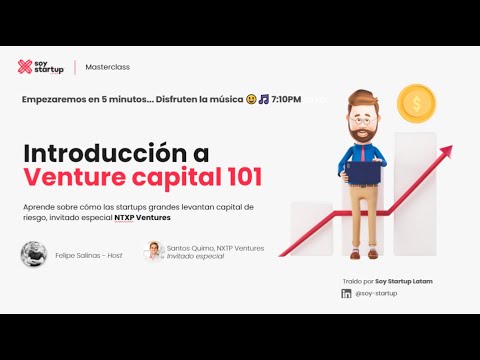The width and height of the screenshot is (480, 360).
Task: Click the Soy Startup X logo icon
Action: coord(25,67)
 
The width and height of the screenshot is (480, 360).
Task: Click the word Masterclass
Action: coord(108,67)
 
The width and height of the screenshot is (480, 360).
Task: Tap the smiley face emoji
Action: coord(251,99)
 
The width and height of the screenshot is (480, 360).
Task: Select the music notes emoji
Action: coord(264,99)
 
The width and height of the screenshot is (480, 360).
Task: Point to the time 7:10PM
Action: coord(286,99)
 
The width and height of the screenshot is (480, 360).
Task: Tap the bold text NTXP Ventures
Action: coord(142,218)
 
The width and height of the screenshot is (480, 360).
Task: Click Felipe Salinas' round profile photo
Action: coord(34,254)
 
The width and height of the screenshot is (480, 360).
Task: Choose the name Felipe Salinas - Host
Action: coord(89,256)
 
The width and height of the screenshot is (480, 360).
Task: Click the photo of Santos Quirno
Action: coord(154,251)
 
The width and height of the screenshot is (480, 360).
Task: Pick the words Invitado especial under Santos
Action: coord(195,256)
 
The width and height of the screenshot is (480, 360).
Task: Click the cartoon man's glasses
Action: coord(363,120)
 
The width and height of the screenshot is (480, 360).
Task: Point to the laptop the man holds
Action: coord(363,172)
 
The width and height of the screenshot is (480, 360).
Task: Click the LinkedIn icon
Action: coord(346,293)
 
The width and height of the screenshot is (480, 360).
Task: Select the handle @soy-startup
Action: coord(376,293)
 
